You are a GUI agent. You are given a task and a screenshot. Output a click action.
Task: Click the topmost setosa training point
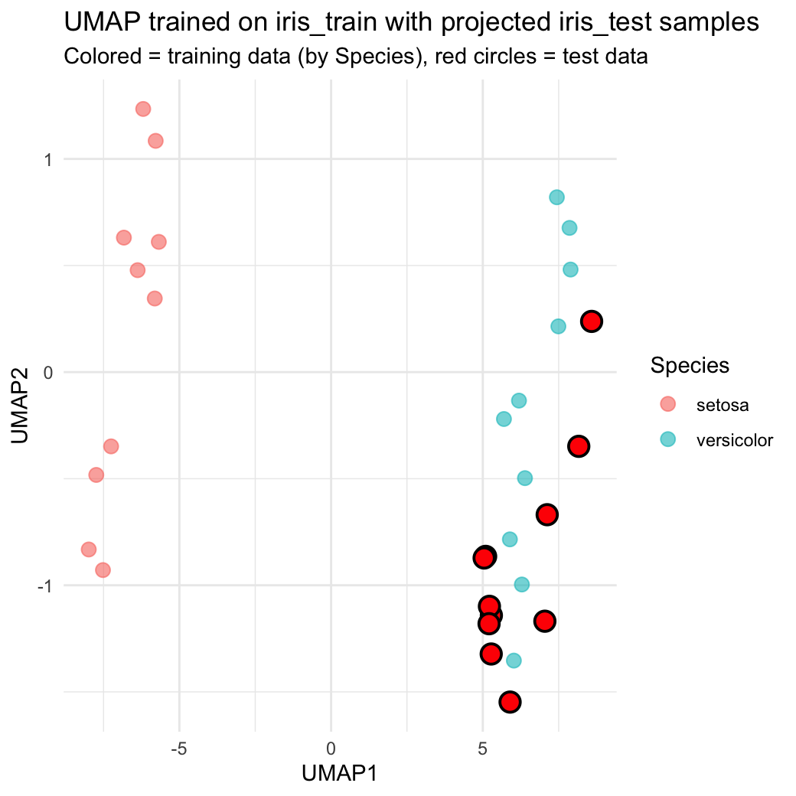[143, 109]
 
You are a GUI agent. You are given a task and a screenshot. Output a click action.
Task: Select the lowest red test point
[511, 701]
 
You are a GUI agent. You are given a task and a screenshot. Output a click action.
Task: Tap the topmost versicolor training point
[557, 197]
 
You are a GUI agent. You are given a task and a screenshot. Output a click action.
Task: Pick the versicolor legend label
[735, 440]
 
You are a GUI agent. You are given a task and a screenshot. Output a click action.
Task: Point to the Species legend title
[690, 366]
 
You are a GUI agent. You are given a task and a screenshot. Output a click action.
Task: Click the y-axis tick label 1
[47, 159]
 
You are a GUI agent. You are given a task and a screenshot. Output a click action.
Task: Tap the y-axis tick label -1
[44, 586]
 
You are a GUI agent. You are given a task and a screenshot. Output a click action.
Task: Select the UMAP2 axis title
[21, 406]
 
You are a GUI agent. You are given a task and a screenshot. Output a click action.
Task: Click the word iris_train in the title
[299, 23]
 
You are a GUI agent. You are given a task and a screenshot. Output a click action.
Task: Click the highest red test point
[591, 321]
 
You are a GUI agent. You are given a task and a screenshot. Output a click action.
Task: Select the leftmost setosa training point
[89, 550]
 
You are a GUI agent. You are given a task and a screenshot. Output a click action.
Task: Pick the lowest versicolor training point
[514, 661]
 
